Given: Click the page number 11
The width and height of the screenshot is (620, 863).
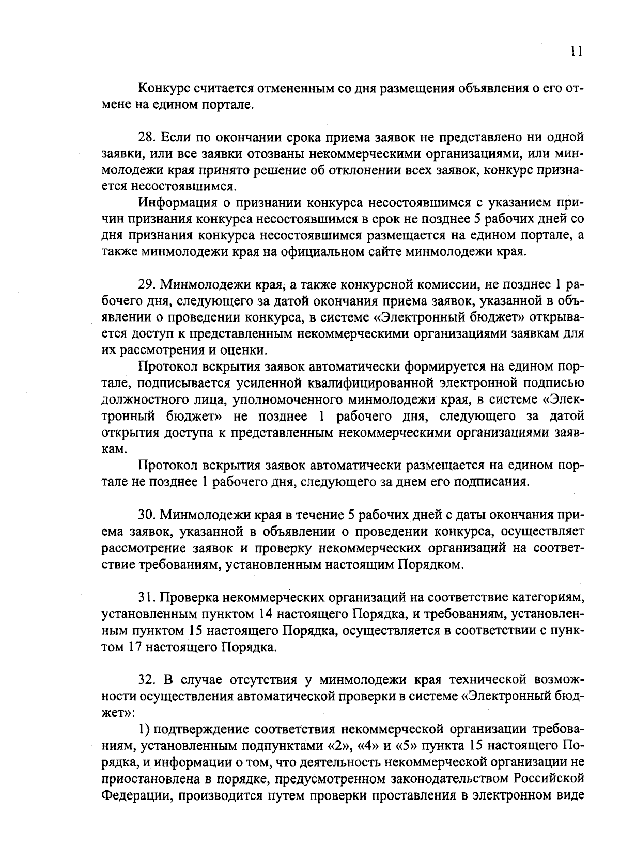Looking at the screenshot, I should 577,52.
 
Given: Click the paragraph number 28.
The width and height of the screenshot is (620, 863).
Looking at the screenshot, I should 147,137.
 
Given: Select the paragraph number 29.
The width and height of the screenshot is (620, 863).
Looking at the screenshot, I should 147,285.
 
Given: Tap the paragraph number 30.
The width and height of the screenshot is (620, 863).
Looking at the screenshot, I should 147,515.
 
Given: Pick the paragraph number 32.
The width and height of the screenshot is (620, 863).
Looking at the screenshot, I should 147,679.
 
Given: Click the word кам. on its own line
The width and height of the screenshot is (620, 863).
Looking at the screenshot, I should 112,449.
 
